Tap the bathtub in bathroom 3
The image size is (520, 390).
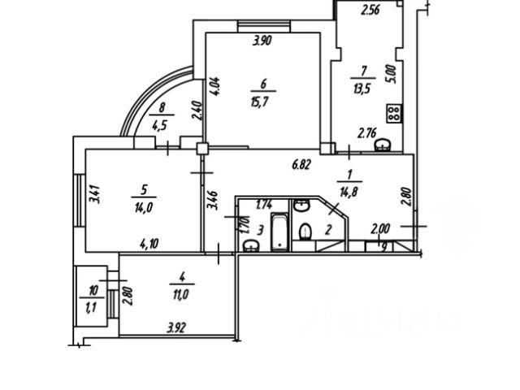(278, 230)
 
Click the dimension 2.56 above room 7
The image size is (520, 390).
(370, 11)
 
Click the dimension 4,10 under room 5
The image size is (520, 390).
(148, 241)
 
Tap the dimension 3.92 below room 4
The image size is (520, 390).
(176, 329)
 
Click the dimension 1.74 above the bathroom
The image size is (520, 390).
(264, 206)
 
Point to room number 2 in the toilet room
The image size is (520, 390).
(327, 229)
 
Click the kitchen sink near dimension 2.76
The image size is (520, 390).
(387, 144)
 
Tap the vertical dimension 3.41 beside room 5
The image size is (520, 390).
(95, 196)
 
